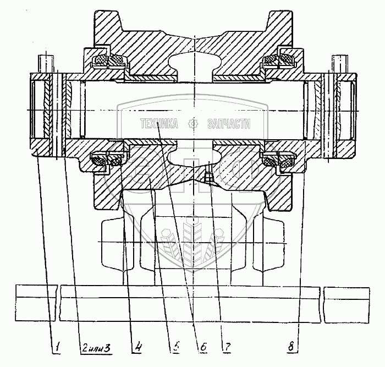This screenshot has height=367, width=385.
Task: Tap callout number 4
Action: (x=137, y=348)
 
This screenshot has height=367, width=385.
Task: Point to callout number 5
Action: (x=174, y=348)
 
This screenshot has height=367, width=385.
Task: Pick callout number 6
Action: (x=202, y=348)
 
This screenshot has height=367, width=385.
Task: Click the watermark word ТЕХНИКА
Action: (x=159, y=124)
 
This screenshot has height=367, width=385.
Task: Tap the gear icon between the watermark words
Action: (x=193, y=124)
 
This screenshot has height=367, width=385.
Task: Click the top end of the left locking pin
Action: (x=46, y=57)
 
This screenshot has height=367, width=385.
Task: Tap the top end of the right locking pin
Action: (x=338, y=57)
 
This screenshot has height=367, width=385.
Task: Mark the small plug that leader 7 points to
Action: (x=207, y=177)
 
